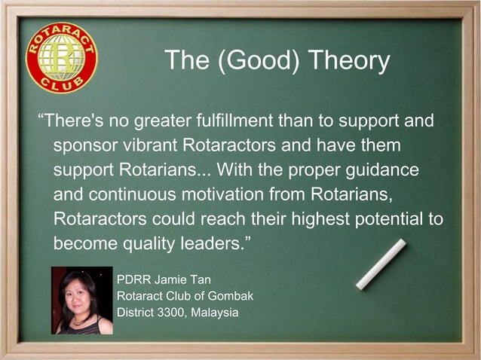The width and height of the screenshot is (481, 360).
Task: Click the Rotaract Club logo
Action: tap(61, 58)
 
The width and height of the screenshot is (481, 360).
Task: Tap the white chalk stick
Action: tap(381, 264)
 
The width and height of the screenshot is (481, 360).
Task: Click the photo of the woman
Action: tap(81, 300)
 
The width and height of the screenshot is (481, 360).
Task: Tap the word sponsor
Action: tap(83, 145)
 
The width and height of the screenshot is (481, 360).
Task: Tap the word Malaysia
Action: tap(216, 312)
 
